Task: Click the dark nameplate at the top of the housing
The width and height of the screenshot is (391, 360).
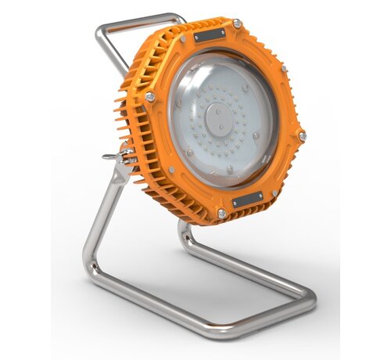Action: pos(210,36)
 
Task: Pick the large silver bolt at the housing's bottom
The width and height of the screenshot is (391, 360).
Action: pos(222,213)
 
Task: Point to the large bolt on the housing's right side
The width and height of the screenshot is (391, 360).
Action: pos(302,135)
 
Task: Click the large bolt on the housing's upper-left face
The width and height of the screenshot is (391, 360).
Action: pos(150,97)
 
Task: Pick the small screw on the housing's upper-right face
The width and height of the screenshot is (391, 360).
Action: pos(284,69)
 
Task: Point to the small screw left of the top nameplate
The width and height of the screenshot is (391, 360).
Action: pos(182,38)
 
